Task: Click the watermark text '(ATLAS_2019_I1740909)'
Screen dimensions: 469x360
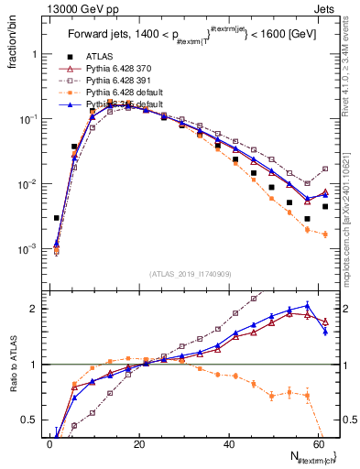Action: point(191,274)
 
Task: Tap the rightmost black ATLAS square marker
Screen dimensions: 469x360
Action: point(325,206)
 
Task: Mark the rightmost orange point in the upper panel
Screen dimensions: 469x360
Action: point(325,234)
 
